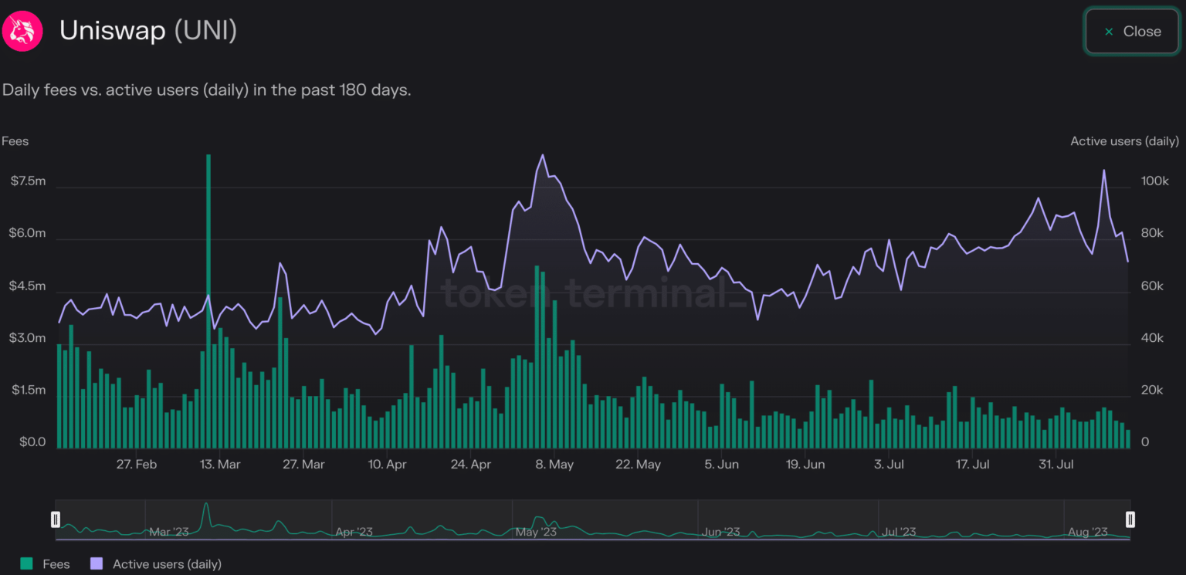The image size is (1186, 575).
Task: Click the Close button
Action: pos(1132,32)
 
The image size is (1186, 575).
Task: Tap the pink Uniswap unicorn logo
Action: pos(22,32)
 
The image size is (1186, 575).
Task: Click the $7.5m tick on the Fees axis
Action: pos(28,181)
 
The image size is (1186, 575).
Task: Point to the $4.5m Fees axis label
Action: pos(28,286)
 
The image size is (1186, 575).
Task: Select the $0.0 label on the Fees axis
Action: pos(28,443)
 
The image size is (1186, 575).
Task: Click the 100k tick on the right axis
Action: pos(1155,181)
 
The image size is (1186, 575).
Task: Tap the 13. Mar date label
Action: pos(220,465)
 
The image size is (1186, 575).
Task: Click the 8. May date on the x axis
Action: pos(554,465)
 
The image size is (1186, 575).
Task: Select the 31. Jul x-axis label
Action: pos(1056,465)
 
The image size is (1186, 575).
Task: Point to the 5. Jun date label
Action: pos(722,465)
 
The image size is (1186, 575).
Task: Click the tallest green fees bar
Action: pos(208,301)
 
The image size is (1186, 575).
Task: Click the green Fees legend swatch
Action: pos(27,564)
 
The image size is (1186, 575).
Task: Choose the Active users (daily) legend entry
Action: pos(167,564)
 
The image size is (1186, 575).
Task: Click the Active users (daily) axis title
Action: pos(1124,141)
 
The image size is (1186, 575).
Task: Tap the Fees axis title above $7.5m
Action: pos(15,141)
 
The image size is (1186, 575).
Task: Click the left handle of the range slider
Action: pos(56,519)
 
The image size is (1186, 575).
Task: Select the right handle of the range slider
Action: pos(1130,519)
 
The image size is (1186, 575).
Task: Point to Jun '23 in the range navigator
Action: pos(722,532)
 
